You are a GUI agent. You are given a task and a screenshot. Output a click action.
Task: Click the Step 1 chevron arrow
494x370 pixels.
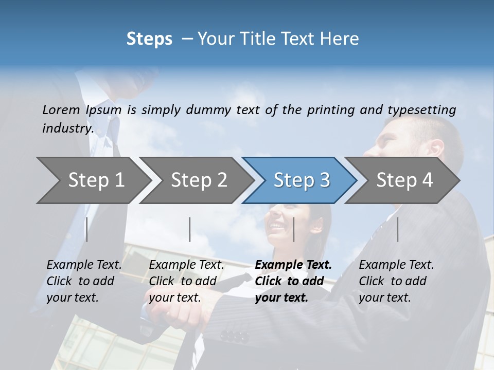point(93,180)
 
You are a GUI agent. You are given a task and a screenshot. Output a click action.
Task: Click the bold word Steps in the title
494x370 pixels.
point(149,39)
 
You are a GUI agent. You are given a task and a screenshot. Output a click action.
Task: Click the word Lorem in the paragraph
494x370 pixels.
point(61,109)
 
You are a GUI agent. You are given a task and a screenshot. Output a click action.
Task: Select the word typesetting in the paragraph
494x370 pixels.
point(421,109)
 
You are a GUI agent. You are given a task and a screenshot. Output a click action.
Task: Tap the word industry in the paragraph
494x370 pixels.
point(68,128)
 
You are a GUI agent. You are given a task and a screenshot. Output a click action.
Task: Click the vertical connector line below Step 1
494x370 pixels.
point(86,229)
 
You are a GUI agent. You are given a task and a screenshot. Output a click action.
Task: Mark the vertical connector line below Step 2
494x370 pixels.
point(190,229)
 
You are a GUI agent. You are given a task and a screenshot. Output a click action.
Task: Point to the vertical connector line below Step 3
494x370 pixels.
point(294,229)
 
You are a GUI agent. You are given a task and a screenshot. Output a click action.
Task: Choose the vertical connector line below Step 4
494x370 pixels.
point(398,229)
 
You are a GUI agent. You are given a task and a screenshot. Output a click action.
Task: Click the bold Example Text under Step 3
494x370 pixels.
point(293,265)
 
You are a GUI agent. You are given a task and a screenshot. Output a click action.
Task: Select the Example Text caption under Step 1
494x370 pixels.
point(84,265)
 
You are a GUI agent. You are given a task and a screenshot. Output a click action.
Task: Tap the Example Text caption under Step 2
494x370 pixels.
point(186,265)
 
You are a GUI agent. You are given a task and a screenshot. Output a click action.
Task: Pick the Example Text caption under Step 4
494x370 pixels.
point(396,265)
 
